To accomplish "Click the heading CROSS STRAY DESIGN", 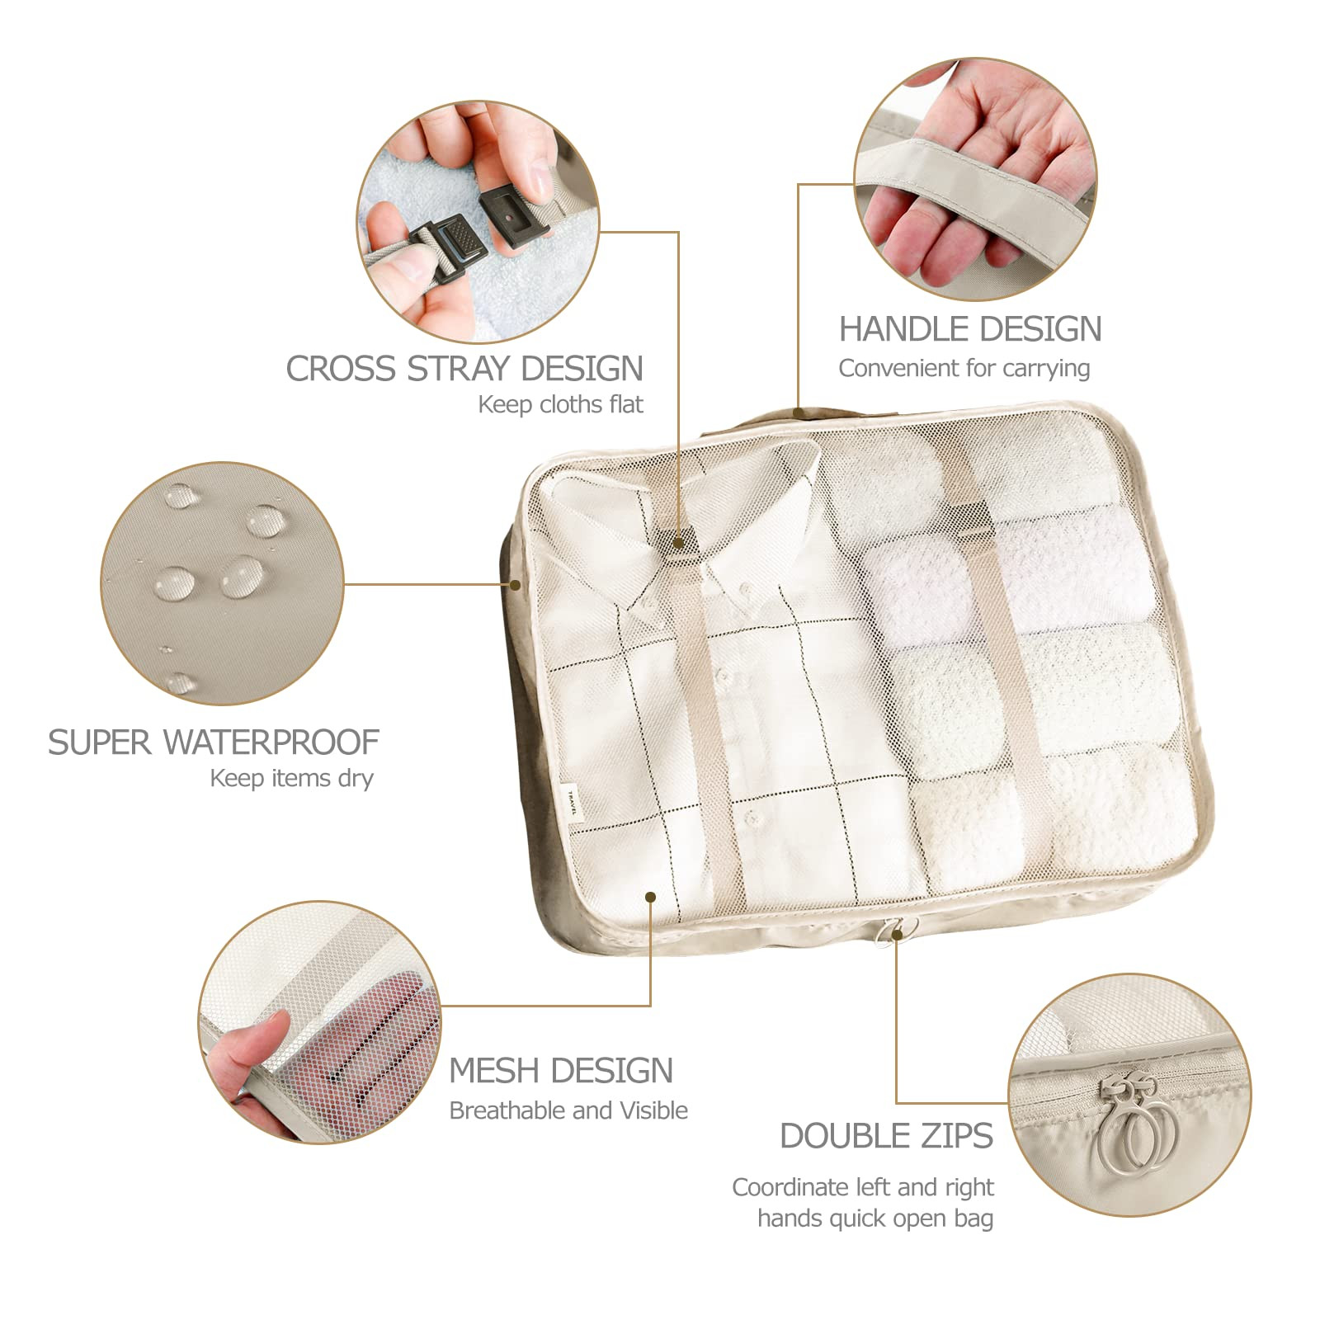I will pos(464,369).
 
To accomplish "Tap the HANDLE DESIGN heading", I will pos(970,329).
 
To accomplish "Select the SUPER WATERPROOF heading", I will pos(213,742).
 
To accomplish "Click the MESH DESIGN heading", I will pos(561,1071).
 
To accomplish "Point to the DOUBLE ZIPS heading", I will pos(886,1136).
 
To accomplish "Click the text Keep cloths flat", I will pos(560,405).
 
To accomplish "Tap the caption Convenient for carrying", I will pos(964,368).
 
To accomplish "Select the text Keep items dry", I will pos(291,778).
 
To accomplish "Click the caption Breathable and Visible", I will pos(568,1110).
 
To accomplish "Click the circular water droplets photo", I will pos(222,583).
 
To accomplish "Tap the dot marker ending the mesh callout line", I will pos(651,897).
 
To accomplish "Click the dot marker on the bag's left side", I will pos(515,584).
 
